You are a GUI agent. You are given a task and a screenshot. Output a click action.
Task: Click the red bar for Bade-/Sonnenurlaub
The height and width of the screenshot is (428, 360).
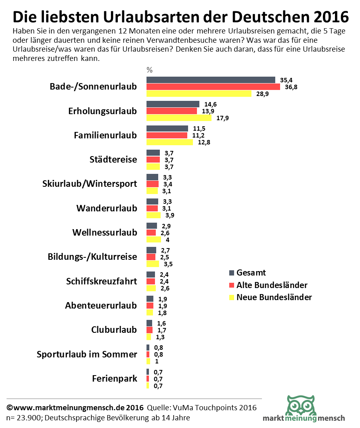[x=213, y=87]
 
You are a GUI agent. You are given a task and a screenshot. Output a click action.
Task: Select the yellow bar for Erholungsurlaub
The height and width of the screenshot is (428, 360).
[x=178, y=118]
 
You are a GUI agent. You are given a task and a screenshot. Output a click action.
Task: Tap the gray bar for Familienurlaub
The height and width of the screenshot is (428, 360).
[x=167, y=128]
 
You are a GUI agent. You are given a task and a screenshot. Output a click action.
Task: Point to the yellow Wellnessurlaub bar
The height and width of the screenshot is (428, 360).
[x=154, y=240]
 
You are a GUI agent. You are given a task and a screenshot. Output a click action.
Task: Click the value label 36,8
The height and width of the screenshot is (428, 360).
[x=291, y=87]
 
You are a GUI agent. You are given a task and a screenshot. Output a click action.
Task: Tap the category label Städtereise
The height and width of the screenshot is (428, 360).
[x=113, y=160]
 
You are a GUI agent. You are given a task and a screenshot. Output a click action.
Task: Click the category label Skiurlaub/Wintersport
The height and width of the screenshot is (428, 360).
[x=90, y=184]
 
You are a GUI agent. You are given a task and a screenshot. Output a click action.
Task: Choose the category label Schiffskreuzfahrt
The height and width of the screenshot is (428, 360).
[x=101, y=281]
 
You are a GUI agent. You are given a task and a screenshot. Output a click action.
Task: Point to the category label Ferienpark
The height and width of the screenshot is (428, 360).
[x=115, y=379]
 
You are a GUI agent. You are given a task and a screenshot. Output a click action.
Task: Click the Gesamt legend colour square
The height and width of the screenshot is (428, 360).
[x=231, y=273]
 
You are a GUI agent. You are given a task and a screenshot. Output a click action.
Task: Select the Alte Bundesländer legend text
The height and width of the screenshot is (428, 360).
[x=272, y=285]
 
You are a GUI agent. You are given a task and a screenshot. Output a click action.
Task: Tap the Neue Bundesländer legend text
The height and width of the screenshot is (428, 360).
[x=274, y=297]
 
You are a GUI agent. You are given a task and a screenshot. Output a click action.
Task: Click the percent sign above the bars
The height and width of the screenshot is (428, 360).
[x=149, y=70]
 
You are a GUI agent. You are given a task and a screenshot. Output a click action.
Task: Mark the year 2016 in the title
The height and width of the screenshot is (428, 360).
[x=328, y=17]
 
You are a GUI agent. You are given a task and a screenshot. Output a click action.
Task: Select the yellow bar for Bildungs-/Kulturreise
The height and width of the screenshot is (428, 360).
[x=153, y=264]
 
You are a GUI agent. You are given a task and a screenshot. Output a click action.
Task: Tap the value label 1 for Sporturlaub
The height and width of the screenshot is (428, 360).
[x=157, y=361]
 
